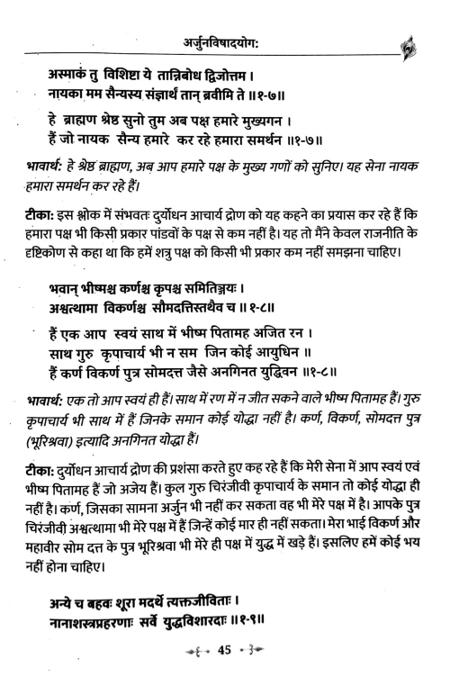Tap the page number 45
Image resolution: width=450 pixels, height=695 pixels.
click(225, 673)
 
